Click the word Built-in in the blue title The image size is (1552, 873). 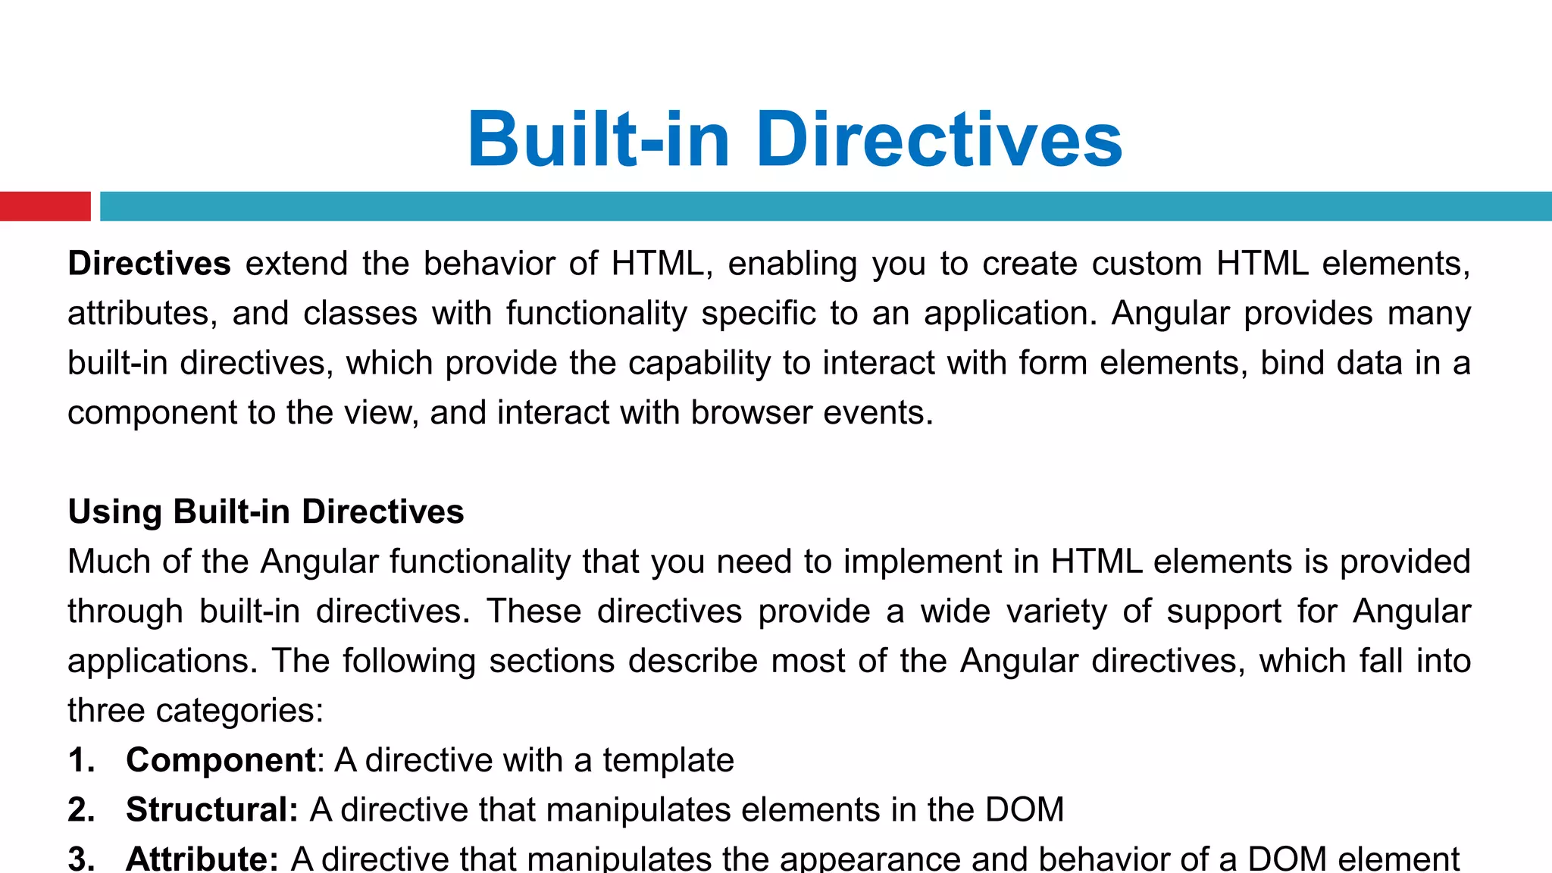[599, 139]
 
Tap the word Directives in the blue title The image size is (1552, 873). [939, 139]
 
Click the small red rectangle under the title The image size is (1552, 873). [45, 206]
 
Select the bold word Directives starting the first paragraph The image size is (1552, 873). [149, 264]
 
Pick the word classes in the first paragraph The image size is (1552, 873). [361, 314]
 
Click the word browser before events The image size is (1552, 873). [751, 413]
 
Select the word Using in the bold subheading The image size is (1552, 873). [114, 512]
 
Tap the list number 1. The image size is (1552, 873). [80, 760]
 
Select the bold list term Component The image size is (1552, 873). [221, 760]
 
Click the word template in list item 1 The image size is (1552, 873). [668, 760]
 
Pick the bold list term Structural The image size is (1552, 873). [211, 810]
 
